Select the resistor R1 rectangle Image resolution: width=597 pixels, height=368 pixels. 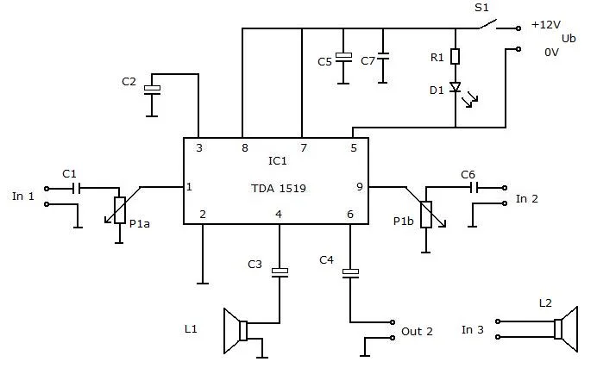[x=456, y=57]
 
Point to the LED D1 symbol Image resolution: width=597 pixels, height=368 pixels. [x=456, y=88]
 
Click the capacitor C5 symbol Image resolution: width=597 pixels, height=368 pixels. [x=343, y=57]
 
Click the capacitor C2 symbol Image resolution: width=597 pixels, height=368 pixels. [x=153, y=89]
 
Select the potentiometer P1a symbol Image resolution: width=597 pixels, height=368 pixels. [x=118, y=209]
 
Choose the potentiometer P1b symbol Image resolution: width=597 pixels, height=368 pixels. [x=425, y=212]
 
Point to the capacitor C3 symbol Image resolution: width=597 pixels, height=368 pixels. [x=280, y=273]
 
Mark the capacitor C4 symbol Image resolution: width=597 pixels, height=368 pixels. [x=350, y=274]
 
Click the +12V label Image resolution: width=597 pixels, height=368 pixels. [x=546, y=25]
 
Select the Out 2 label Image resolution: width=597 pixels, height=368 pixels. [x=417, y=332]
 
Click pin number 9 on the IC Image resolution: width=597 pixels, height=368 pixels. [x=359, y=186]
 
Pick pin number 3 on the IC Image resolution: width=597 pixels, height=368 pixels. [x=199, y=147]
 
